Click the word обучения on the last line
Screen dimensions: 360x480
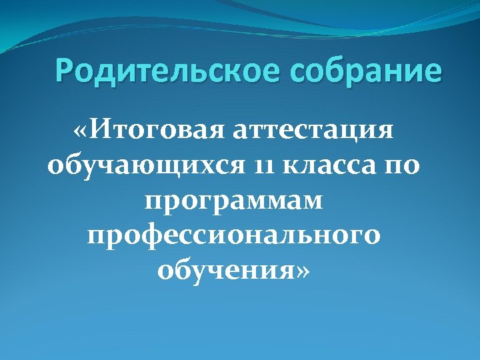tap(227, 271)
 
